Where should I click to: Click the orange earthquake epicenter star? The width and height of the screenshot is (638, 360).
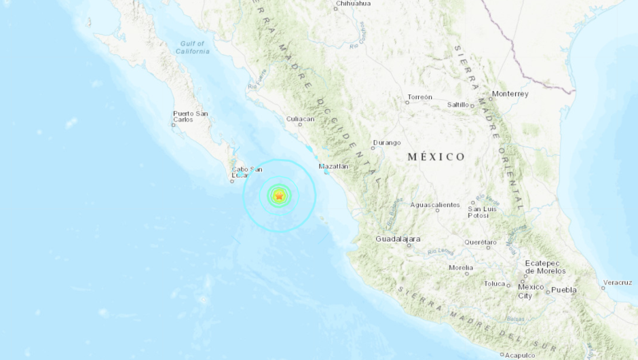(278, 196)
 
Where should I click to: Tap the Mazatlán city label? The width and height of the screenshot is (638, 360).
(333, 166)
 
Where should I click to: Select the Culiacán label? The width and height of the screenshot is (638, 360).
(300, 119)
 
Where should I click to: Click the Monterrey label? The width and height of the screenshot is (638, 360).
(510, 94)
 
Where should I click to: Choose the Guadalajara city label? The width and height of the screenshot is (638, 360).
(398, 239)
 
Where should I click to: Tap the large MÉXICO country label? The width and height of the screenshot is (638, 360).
(436, 157)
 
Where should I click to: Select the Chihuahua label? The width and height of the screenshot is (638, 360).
(353, 3)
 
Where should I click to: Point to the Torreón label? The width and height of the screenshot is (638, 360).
(419, 97)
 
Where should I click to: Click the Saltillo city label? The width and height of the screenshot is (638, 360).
(459, 105)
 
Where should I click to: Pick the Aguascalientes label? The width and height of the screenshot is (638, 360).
(435, 204)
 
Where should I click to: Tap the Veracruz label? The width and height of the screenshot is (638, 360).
(618, 282)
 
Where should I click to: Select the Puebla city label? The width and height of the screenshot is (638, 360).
(563, 290)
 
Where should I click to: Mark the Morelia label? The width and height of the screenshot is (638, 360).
(461, 267)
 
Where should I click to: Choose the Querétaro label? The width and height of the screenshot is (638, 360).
(481, 242)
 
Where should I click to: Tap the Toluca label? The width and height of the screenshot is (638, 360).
(494, 283)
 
